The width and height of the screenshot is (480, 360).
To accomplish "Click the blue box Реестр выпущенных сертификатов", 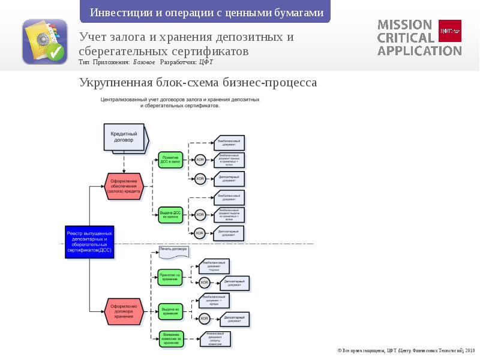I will point(88,242).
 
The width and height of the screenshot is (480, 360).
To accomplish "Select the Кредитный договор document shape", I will point(125,137).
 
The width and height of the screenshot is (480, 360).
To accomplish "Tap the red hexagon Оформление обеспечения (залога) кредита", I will point(124,185).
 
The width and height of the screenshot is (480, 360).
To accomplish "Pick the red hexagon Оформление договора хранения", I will point(124,311).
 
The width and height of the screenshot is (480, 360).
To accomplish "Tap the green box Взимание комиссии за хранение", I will point(170,338).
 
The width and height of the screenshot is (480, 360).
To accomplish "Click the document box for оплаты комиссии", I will point(215,338).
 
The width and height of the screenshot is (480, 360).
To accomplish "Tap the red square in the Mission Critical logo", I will point(450,31).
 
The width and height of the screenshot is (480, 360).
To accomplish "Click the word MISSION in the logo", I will point(404,25).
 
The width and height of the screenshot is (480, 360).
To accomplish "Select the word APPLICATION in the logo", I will point(419,50).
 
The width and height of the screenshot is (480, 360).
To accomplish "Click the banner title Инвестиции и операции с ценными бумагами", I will point(206,13).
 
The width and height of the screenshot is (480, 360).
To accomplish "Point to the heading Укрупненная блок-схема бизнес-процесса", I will point(198,82).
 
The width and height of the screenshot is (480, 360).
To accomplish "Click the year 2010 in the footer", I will point(469,350).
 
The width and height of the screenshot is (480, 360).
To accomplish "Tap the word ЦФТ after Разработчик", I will point(206,62).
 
